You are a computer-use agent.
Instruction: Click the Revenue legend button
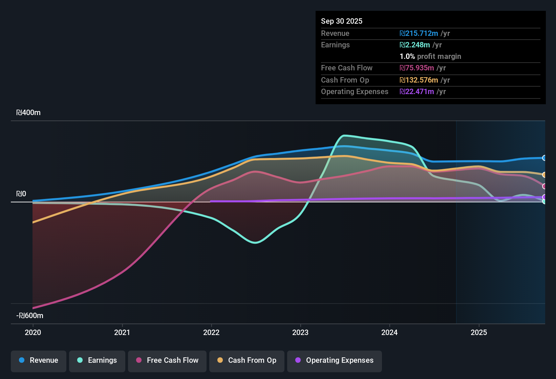(39, 360)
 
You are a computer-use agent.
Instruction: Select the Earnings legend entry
(97, 360)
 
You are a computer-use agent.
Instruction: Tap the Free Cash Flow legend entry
(167, 360)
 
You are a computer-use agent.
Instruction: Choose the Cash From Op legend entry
(247, 360)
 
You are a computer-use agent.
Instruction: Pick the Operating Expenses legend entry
(335, 360)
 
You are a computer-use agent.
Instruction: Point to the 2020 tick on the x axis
(33, 332)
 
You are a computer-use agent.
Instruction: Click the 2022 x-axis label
(211, 332)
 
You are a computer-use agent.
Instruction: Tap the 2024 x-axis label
(389, 332)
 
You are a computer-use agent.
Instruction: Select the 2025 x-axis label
(479, 332)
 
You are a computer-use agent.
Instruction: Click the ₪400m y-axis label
(28, 113)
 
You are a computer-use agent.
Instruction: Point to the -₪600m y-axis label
(30, 316)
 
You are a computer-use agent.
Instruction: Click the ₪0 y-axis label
(21, 194)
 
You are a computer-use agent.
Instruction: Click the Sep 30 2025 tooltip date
(342, 21)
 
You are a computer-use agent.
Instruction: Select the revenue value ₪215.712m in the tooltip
(419, 34)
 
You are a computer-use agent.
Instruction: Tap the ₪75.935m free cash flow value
(417, 68)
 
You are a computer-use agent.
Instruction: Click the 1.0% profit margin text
(430, 57)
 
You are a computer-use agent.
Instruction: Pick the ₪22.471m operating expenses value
(417, 92)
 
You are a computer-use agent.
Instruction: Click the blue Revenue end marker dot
(544, 158)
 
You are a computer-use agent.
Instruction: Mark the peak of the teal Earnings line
(344, 136)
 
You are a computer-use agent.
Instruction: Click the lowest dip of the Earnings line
(255, 243)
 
